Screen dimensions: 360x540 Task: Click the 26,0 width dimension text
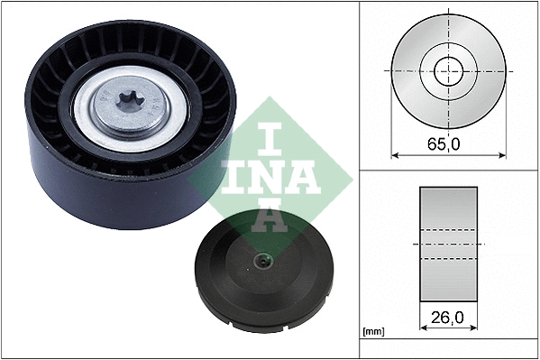[448, 318]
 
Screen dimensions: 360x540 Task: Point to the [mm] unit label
[372, 332]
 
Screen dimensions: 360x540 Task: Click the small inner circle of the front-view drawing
[448, 69]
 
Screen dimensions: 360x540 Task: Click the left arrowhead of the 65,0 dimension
[394, 154]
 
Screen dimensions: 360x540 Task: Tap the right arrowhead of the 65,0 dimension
[501, 154]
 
